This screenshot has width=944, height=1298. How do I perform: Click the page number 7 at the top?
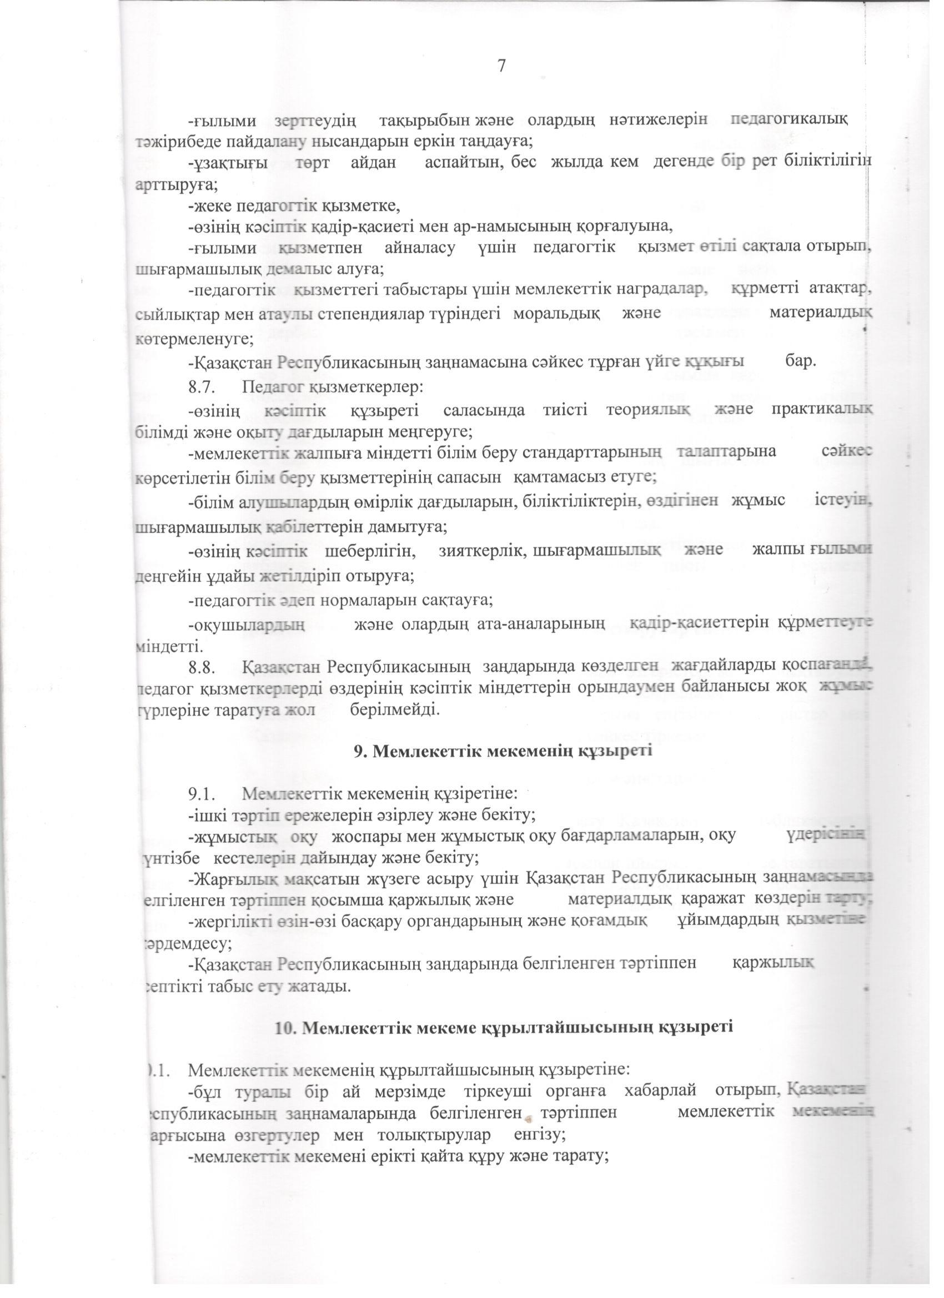(x=501, y=67)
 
